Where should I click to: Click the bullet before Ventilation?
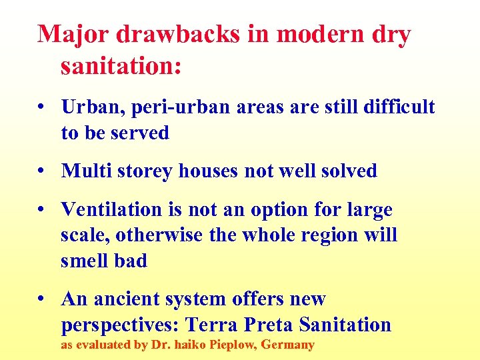click(x=42, y=211)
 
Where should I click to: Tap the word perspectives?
click(x=120, y=325)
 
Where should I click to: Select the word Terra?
click(x=212, y=325)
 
